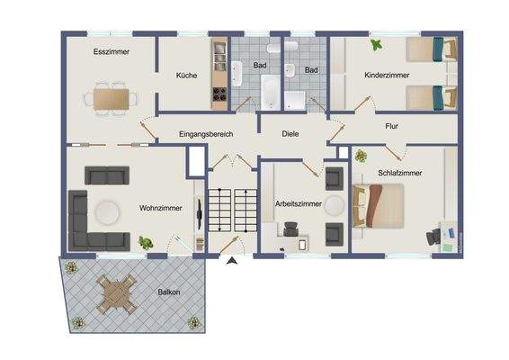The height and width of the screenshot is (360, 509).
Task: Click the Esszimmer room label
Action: click(x=112, y=52)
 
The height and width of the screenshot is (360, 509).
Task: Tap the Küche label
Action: click(x=186, y=76)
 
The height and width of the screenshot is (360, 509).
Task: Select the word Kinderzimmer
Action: click(x=387, y=76)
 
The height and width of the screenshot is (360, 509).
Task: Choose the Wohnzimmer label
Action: click(x=161, y=208)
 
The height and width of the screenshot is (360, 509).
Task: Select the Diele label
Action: click(x=290, y=134)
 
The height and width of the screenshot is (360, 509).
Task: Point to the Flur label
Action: click(x=391, y=127)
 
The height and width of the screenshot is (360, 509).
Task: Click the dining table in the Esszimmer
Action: click(x=112, y=95)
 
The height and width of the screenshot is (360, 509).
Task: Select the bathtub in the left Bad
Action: click(x=269, y=91)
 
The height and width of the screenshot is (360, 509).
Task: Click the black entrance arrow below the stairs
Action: click(x=233, y=261)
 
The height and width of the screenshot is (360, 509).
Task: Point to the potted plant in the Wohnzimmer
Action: click(x=145, y=242)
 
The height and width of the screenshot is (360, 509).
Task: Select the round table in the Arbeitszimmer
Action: click(x=335, y=205)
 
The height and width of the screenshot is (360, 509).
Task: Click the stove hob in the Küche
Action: click(x=219, y=94)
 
